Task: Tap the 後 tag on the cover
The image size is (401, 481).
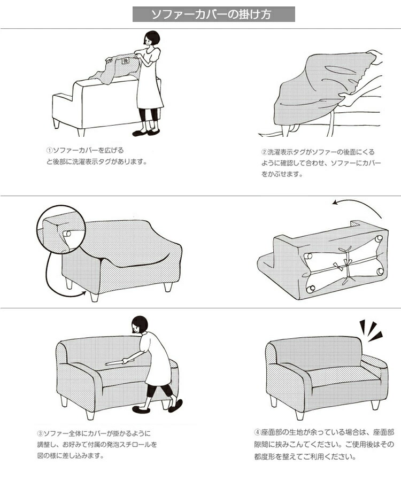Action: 126,61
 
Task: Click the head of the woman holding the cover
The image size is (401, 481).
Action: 151,38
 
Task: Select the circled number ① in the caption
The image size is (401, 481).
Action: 50,151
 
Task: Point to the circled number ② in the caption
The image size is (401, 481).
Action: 265,152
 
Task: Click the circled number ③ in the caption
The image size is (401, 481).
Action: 40,434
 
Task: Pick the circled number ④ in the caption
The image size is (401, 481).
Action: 257,432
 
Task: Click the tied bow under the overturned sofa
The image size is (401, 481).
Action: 346,264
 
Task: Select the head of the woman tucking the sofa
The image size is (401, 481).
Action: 140,324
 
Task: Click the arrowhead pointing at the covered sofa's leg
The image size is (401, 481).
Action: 83,293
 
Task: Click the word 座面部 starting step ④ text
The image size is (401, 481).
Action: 271,432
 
